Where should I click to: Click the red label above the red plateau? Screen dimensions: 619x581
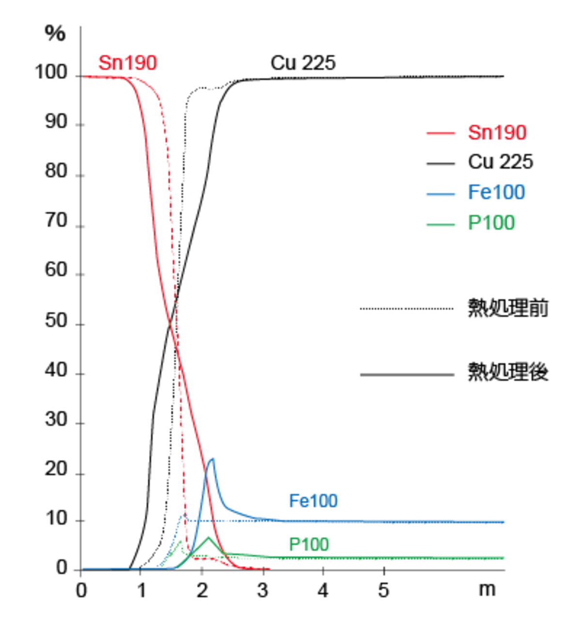[128, 63]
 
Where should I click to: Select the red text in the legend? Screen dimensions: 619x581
[497, 132]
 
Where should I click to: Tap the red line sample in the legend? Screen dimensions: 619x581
[441, 133]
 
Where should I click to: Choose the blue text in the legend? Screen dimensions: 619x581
[497, 192]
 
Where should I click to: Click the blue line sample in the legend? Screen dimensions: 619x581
[441, 195]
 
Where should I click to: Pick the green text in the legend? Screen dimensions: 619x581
[492, 223]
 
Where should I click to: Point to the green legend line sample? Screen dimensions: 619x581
[441, 224]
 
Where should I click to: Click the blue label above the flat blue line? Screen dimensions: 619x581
[313, 500]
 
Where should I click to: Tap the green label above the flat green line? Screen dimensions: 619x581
[309, 544]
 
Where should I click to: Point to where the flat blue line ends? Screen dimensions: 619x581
[505, 522]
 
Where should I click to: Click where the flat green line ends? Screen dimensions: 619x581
[506, 558]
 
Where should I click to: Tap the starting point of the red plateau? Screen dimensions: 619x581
[84, 77]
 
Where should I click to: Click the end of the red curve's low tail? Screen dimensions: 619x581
[269, 569]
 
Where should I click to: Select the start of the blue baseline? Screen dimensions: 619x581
[83, 569]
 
